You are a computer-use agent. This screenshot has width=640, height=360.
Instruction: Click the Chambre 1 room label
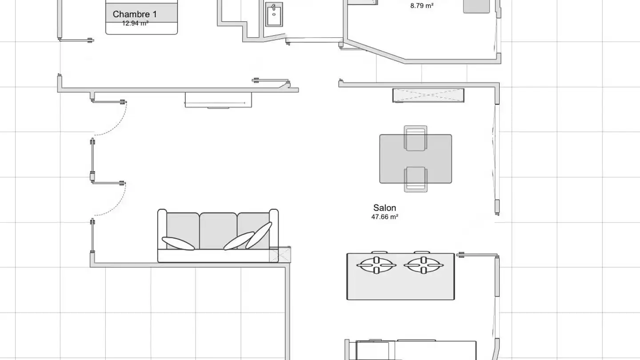click(x=135, y=14)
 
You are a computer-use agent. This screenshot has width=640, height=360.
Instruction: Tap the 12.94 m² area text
click(x=135, y=24)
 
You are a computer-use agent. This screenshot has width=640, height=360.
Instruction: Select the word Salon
click(x=384, y=208)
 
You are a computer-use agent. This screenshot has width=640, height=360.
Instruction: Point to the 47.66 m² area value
click(x=384, y=217)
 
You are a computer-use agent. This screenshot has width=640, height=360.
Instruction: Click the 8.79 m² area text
click(x=422, y=6)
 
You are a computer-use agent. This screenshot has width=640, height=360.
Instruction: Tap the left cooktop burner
click(x=376, y=265)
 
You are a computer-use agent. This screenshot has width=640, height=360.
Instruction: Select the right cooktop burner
click(x=424, y=265)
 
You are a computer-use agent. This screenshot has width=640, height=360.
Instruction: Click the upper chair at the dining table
click(x=416, y=138)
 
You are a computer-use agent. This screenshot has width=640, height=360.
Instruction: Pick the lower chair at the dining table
click(x=416, y=180)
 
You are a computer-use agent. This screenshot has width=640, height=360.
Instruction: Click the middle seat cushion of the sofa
click(x=218, y=230)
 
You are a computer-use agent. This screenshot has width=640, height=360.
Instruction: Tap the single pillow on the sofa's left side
click(x=178, y=244)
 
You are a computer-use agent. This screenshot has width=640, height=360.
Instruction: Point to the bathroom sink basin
click(x=274, y=14)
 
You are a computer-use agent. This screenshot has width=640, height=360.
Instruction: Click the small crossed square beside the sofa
click(x=280, y=254)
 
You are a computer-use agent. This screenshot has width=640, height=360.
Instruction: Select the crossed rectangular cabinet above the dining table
click(x=428, y=95)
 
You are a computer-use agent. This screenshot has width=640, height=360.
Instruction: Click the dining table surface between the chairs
click(x=416, y=159)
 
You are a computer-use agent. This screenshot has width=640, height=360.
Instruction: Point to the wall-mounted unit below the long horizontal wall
click(x=218, y=100)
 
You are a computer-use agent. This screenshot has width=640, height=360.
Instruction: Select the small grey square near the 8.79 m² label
click(x=476, y=6)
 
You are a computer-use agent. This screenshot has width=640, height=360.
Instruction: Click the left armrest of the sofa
click(x=162, y=229)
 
